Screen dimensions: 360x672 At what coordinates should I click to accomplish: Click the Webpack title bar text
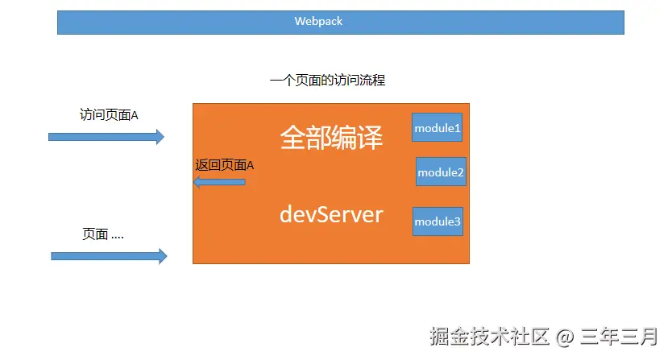point(318,22)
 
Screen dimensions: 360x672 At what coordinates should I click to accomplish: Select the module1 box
point(437,127)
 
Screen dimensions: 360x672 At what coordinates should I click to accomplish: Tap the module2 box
point(441,172)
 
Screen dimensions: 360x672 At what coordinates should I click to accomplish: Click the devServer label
point(331,214)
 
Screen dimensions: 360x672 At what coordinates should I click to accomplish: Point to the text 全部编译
point(331,138)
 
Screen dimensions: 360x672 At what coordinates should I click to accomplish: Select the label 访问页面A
point(109,114)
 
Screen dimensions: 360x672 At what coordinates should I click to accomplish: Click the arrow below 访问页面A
point(106,137)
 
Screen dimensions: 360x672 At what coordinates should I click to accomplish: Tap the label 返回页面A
point(225,165)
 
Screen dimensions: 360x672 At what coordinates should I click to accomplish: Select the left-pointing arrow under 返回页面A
point(219,183)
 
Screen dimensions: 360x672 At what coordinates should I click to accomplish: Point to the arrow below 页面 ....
point(109,256)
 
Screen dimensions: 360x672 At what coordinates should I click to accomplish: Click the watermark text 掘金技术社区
point(489,336)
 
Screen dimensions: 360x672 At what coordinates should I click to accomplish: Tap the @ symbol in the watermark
point(566,337)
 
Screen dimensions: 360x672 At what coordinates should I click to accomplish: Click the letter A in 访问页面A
point(134,115)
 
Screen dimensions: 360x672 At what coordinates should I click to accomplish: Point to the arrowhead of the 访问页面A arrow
point(159,137)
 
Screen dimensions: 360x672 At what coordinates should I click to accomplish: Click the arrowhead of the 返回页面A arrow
point(197,183)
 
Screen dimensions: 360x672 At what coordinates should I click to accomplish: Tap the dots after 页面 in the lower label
point(117,237)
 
